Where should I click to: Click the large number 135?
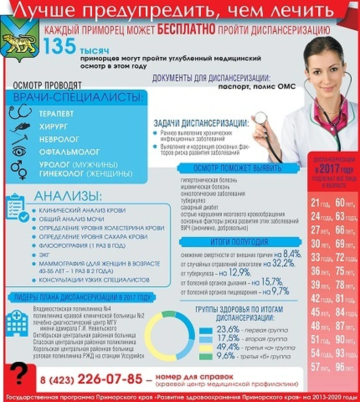[59, 47]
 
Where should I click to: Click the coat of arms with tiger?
[20, 38]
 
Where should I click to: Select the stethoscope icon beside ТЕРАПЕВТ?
[21, 113]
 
